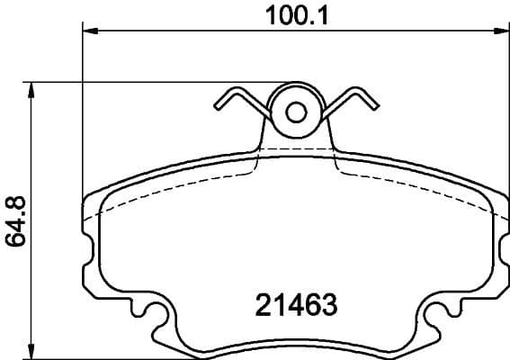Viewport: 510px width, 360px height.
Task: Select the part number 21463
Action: (x=290, y=304)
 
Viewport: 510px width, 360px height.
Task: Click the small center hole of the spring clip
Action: (x=297, y=112)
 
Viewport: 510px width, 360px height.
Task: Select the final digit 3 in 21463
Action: (x=328, y=304)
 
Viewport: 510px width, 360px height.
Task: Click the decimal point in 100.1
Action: (x=300, y=22)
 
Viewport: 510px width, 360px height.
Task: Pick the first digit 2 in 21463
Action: (x=253, y=304)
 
